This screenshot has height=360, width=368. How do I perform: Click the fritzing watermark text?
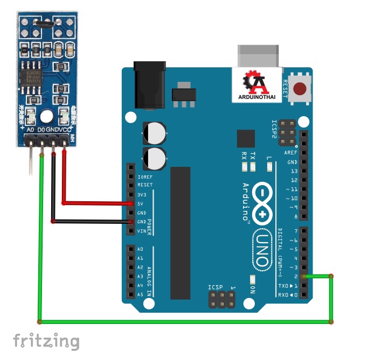click(x=46, y=341)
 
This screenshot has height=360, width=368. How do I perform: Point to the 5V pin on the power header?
click(x=131, y=204)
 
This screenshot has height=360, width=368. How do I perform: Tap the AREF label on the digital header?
click(x=290, y=153)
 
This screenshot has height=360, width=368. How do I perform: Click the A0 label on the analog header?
click(x=141, y=250)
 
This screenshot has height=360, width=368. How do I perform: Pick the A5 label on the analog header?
click(x=141, y=294)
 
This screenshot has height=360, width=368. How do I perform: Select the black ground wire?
click(x=92, y=221)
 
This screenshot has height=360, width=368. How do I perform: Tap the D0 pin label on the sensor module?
click(x=41, y=130)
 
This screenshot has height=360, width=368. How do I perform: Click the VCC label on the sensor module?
click(x=65, y=130)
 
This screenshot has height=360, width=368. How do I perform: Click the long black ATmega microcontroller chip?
click(x=180, y=232)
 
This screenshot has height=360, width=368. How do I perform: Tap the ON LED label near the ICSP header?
click(x=253, y=288)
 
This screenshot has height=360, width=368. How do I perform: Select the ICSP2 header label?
click(x=274, y=130)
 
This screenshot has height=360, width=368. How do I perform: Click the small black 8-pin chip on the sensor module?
click(x=30, y=78)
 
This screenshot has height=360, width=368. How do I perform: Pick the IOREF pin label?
click(x=144, y=177)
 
